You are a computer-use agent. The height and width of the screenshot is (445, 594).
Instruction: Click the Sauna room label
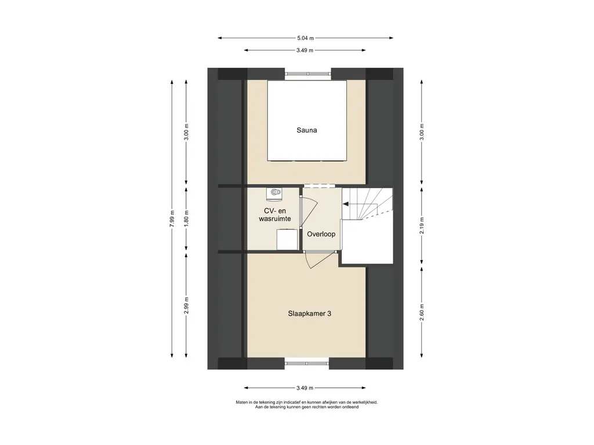point(306,130)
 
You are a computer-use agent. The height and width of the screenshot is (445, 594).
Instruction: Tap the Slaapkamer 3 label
point(310,313)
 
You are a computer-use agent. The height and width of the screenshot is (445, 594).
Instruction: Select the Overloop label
point(321,234)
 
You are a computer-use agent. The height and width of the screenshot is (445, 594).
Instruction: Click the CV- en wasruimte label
point(274,214)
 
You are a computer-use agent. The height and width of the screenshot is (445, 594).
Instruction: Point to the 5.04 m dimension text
point(305,38)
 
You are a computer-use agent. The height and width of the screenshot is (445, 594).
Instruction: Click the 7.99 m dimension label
point(172,218)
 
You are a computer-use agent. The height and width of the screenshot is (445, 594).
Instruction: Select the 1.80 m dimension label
point(186,218)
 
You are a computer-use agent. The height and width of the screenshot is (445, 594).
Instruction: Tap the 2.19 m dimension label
point(422,225)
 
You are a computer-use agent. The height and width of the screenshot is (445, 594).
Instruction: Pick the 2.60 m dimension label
point(422,312)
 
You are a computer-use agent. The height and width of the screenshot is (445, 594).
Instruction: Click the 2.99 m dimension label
point(186,305)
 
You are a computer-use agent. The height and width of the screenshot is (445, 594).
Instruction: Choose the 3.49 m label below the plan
point(305,388)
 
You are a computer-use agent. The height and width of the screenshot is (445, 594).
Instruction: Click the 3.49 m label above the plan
point(305,50)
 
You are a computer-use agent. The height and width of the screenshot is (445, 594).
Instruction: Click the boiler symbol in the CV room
point(274,194)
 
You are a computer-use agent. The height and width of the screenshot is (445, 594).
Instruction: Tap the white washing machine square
point(287,239)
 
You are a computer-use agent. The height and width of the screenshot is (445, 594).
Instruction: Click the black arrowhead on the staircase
point(346,204)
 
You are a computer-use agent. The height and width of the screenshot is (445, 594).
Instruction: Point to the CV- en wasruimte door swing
point(312,213)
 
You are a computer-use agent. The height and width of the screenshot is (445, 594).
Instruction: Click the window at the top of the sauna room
point(308,74)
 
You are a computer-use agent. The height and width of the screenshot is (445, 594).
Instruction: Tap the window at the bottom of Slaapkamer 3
point(307,363)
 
